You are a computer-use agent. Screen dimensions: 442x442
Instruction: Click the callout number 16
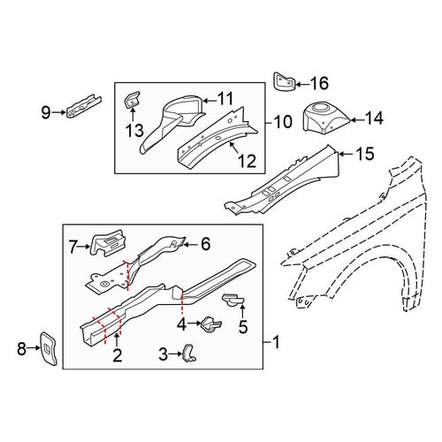pos(320,83)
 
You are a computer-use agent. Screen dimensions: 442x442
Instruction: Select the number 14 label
pos(374,118)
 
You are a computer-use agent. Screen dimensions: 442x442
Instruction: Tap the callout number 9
pos(46,112)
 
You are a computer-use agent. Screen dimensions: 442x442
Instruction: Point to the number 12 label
pos(248,161)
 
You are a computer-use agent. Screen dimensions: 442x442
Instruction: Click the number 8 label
pos(21,349)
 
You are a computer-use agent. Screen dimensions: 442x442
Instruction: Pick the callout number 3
pos(163,354)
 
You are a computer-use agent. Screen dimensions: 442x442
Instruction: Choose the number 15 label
pos(365,154)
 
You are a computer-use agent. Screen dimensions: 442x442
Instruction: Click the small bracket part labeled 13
pos(132,100)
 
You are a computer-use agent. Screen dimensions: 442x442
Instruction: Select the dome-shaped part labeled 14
pos(326,117)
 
